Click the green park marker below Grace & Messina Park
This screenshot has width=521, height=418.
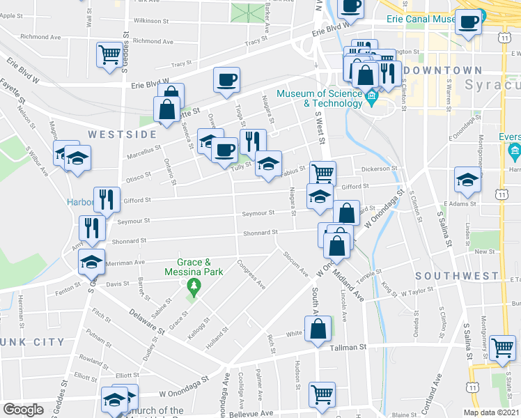(x=193, y=286)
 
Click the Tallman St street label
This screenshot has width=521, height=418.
(x=348, y=347)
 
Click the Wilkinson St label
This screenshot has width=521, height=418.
(x=152, y=22)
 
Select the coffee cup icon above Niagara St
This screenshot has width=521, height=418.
(x=226, y=80)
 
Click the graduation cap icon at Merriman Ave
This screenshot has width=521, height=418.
(x=91, y=262)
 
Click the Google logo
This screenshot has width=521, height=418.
(x=23, y=410)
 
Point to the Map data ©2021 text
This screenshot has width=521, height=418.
(x=490, y=412)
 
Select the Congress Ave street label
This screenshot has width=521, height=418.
(x=251, y=274)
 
